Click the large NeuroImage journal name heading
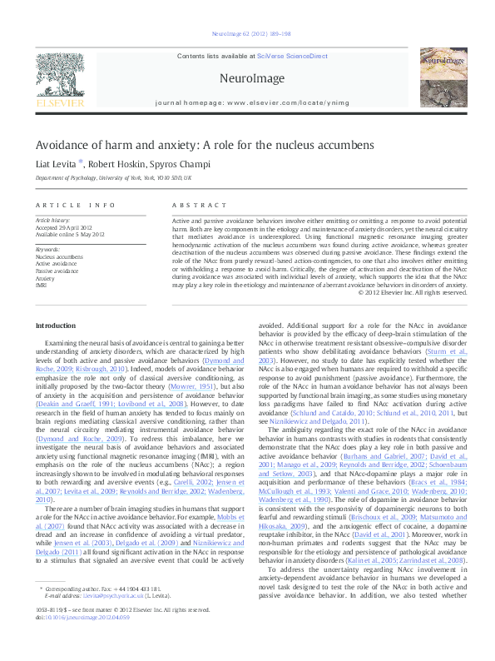coord(247,77)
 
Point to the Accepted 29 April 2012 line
coord(63,227)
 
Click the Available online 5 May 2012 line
coord(70,235)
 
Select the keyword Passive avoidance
coord(57,271)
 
